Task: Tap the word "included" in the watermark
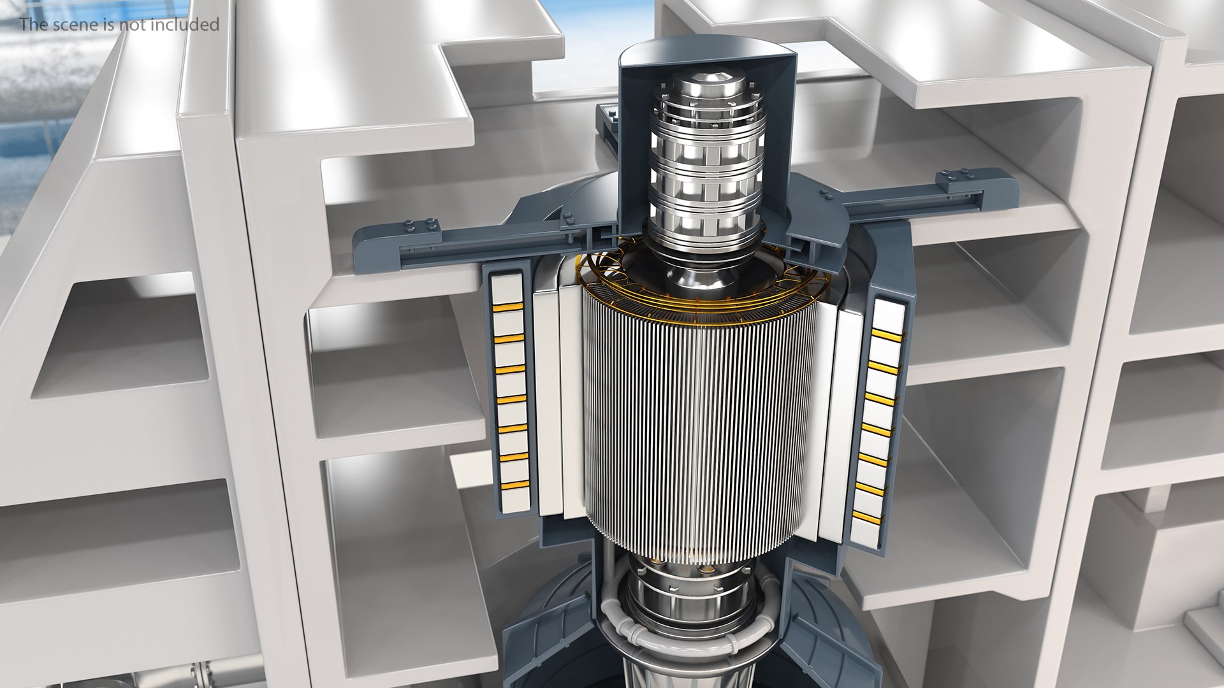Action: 191,25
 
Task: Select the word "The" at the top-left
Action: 31,25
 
